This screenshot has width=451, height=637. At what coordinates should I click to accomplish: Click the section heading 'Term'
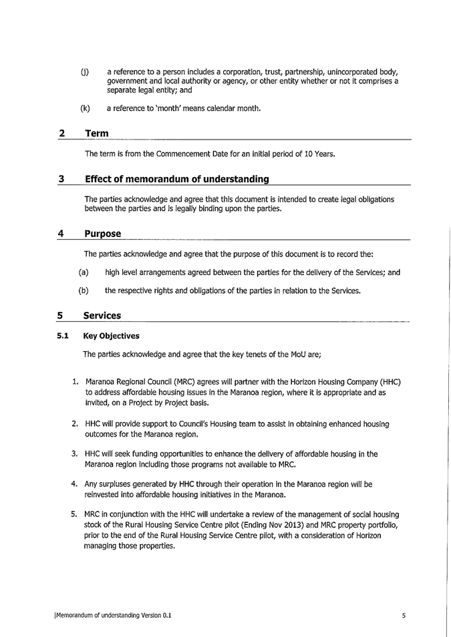pyautogui.click(x=97, y=134)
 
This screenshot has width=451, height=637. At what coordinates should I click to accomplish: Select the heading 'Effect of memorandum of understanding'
pyautogui.click(x=176, y=179)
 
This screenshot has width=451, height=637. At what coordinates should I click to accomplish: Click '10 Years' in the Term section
pyautogui.click(x=317, y=155)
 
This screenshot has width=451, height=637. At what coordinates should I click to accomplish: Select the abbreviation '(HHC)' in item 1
pyautogui.click(x=388, y=381)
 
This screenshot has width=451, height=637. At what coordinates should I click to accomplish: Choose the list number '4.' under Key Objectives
pyautogui.click(x=76, y=484)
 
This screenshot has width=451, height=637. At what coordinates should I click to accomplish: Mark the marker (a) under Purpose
pyautogui.click(x=83, y=272)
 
